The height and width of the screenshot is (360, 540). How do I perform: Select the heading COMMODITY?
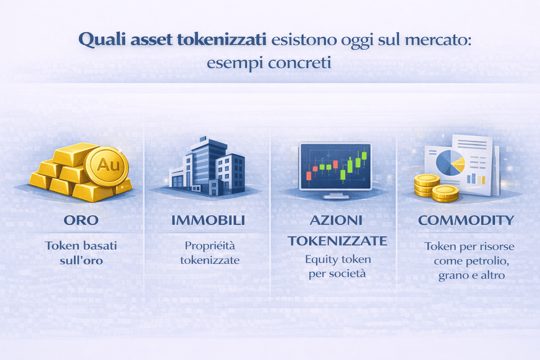466,220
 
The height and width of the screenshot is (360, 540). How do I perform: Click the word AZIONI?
337,221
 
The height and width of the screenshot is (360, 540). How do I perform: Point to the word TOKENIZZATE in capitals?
337,241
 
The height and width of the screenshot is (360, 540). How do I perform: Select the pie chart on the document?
450,162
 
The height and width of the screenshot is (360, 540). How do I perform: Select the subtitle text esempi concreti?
269,63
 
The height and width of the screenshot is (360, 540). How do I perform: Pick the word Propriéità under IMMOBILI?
210,246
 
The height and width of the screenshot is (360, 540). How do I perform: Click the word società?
347,274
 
